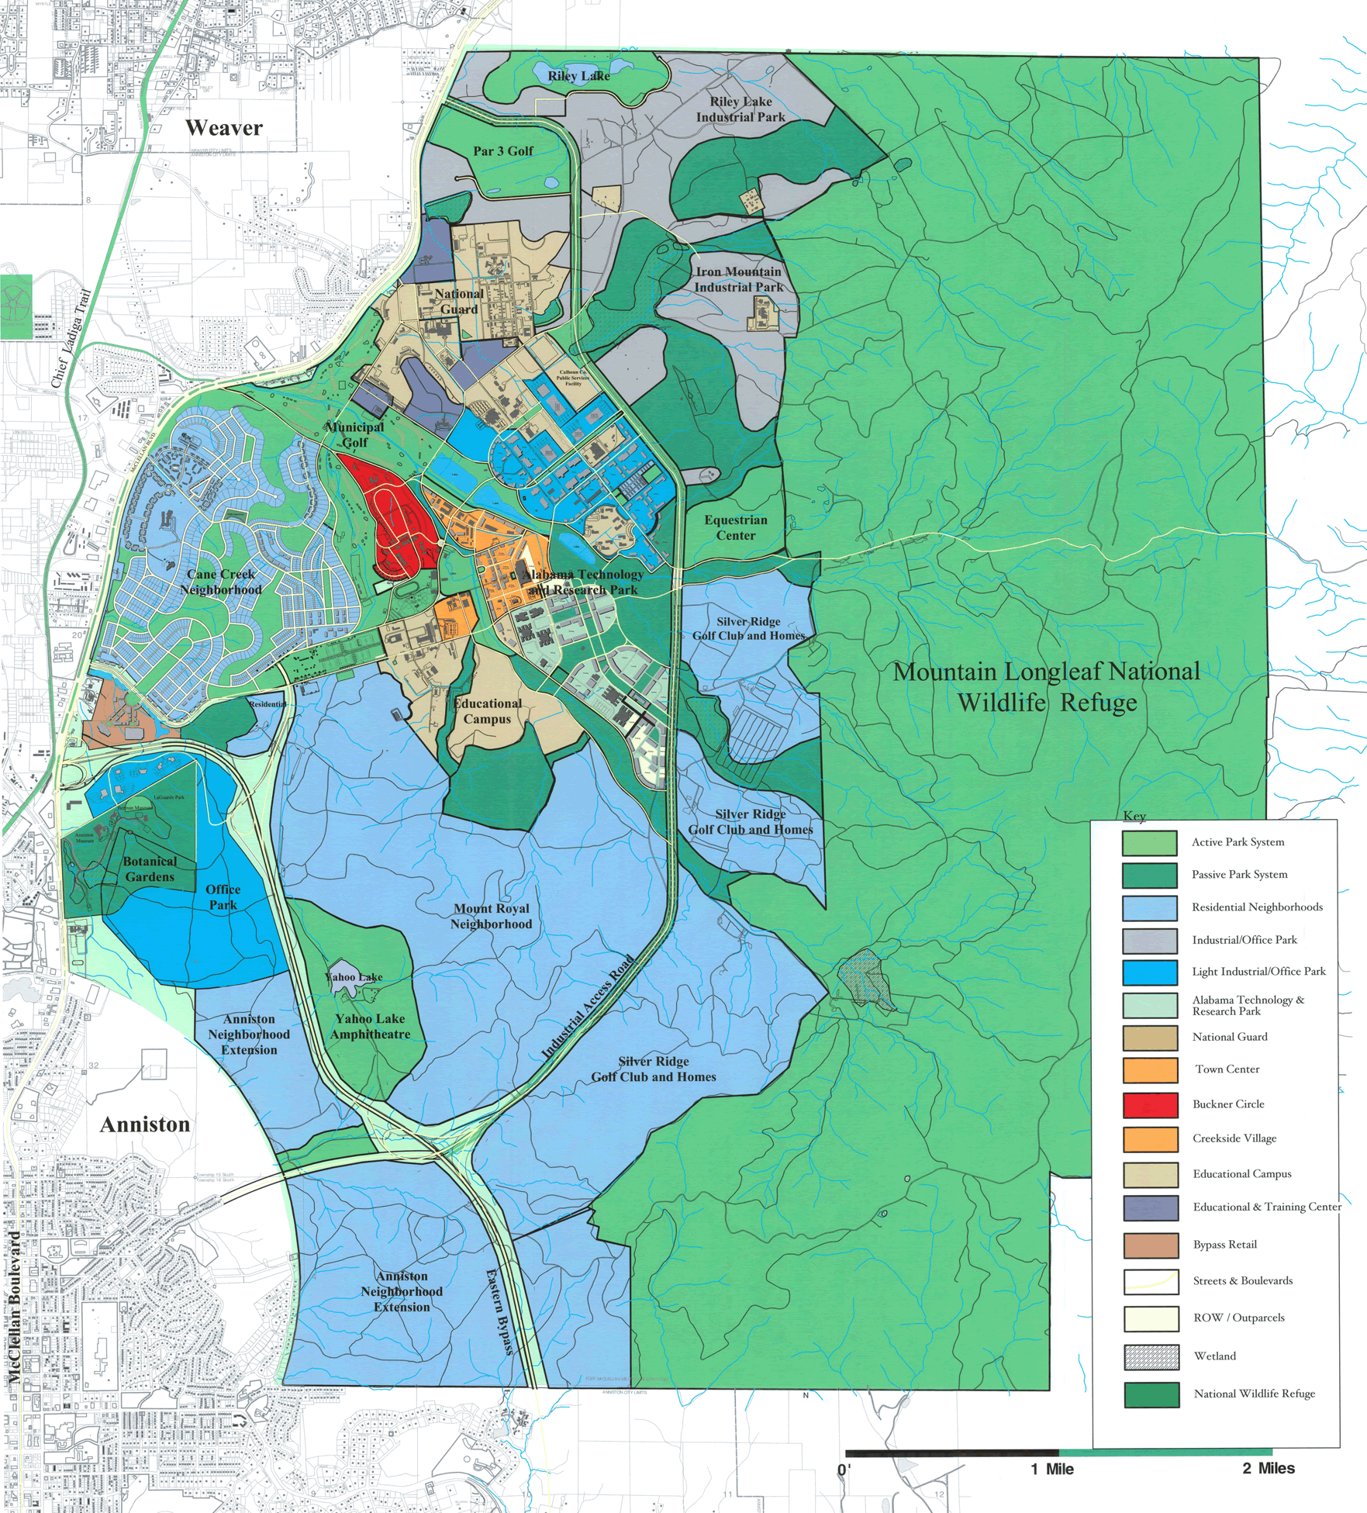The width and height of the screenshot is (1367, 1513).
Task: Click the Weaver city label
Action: tap(224, 128)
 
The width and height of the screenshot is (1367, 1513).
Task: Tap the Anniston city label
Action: tap(145, 1124)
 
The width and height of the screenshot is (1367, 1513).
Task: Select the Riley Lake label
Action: tap(578, 76)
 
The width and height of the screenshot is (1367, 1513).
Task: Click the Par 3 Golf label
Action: tap(503, 151)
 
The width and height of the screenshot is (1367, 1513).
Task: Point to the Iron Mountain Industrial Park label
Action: tap(738, 279)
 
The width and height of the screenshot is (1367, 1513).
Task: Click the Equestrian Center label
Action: tap(735, 527)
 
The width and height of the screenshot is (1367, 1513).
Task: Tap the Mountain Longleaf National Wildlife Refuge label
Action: tap(1047, 686)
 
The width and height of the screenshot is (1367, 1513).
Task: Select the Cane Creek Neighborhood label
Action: tap(221, 582)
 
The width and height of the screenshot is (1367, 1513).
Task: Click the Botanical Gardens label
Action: tap(150, 869)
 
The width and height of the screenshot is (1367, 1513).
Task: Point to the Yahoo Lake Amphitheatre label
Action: tap(370, 1026)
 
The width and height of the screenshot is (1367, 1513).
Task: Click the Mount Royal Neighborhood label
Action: tap(491, 916)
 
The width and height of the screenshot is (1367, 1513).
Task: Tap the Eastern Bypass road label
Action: tap(499, 1311)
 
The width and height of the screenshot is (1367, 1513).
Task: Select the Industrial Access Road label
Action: tap(588, 1007)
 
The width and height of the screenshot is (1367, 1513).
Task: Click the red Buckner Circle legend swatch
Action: tap(1150, 1104)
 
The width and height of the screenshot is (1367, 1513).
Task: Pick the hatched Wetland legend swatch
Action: tap(1151, 1356)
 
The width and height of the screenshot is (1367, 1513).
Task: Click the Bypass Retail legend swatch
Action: tap(1150, 1245)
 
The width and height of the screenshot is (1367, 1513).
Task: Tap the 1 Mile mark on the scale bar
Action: tap(1052, 1469)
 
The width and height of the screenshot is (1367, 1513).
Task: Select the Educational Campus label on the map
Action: tap(487, 711)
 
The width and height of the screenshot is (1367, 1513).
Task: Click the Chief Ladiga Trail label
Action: tap(71, 338)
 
